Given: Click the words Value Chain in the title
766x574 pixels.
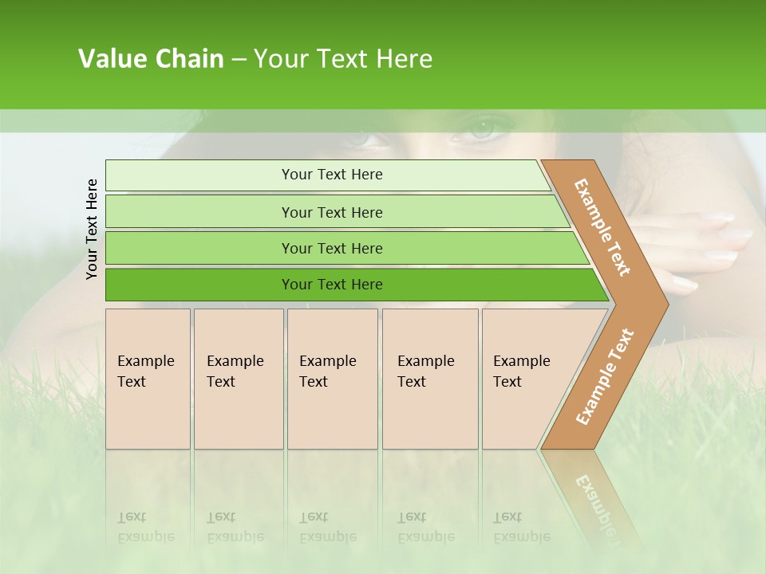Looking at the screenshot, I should click(151, 59).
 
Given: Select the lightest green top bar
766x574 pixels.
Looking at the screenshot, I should click(327, 175).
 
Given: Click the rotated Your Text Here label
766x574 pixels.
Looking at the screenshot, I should click(92, 230).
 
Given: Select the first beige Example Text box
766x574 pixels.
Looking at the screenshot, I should click(148, 379).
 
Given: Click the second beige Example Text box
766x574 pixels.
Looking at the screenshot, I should click(238, 379).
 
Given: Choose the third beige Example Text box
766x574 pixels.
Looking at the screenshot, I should click(332, 379).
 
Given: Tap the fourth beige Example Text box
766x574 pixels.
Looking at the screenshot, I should click(429, 379).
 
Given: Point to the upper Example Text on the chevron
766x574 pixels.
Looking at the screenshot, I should click(602, 227).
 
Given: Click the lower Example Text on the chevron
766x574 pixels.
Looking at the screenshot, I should click(604, 376).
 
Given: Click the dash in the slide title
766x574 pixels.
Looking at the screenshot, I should click(239, 60).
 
